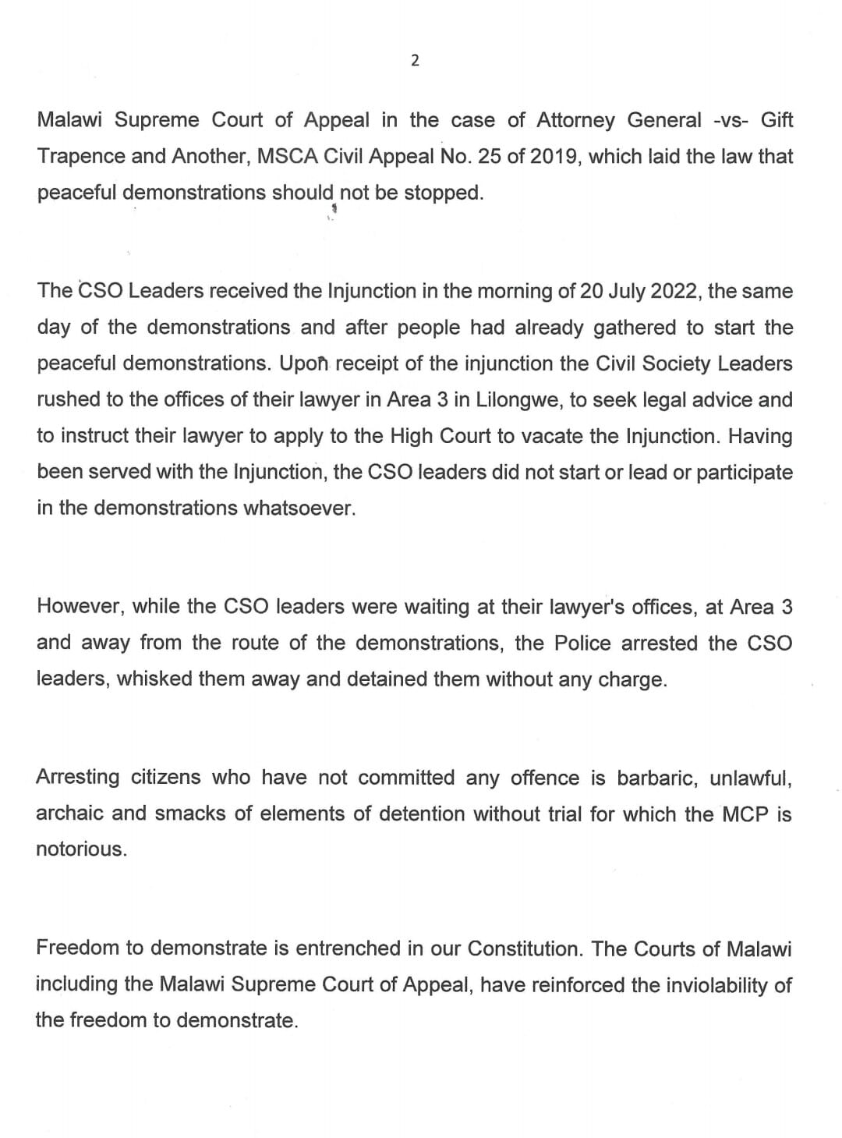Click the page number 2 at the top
415,60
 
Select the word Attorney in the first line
577,120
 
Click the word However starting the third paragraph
80,607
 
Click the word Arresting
78,778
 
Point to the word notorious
80,849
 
